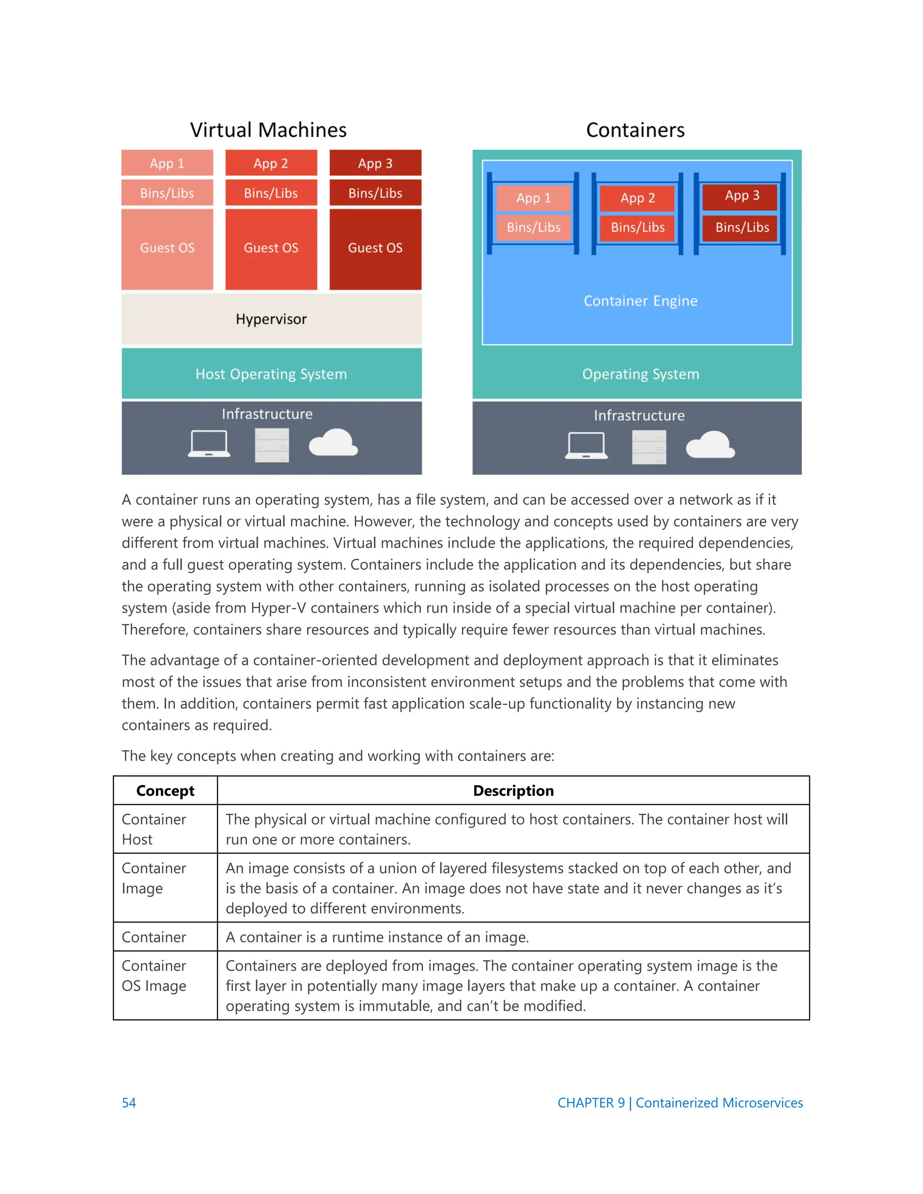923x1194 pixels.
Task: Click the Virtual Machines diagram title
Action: [x=268, y=130]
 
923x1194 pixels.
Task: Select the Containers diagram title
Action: [x=635, y=130]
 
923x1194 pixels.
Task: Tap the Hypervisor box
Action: [x=271, y=319]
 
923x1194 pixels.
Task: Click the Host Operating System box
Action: [x=271, y=374]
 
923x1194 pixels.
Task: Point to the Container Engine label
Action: [x=640, y=301]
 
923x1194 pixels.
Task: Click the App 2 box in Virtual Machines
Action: [x=271, y=164]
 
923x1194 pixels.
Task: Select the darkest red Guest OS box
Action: [x=375, y=248]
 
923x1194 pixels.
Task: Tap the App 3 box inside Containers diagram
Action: [x=741, y=196]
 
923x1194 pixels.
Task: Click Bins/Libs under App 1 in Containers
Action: [x=533, y=228]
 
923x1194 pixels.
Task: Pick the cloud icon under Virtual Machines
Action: [x=333, y=443]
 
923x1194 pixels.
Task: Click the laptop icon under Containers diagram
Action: [x=586, y=445]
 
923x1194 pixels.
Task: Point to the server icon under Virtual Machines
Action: [x=272, y=445]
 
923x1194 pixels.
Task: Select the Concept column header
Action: [x=165, y=791]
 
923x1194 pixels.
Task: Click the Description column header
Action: [x=513, y=791]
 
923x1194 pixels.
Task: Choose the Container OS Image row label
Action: [x=154, y=975]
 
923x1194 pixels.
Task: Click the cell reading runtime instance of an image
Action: [x=377, y=937]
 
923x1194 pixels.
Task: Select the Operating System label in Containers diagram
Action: [x=640, y=374]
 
